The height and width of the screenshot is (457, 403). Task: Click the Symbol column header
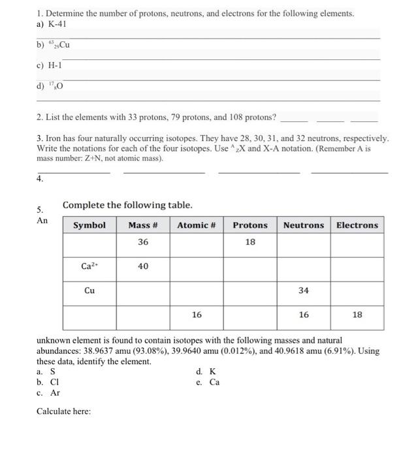pyautogui.click(x=89, y=225)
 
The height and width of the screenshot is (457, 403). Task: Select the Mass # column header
pyautogui.click(x=143, y=225)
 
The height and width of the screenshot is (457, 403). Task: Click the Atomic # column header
pyautogui.click(x=197, y=225)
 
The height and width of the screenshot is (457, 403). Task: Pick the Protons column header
pyautogui.click(x=250, y=225)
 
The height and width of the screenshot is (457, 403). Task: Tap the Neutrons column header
pyautogui.click(x=303, y=225)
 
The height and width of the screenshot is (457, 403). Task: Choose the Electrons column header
pyautogui.click(x=357, y=225)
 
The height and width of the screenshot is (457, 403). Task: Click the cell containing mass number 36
pyautogui.click(x=143, y=242)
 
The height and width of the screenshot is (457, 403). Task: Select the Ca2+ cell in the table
pyautogui.click(x=89, y=266)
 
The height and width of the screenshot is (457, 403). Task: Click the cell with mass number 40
pyautogui.click(x=143, y=266)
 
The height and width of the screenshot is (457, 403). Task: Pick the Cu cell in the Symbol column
pyautogui.click(x=89, y=291)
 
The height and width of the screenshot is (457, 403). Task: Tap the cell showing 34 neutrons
pyautogui.click(x=303, y=291)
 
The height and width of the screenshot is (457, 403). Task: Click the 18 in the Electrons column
pyautogui.click(x=357, y=315)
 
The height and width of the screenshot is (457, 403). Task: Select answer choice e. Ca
pyautogui.click(x=208, y=382)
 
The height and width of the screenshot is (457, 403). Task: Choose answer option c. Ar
pyautogui.click(x=49, y=392)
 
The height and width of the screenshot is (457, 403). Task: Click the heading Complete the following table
pyautogui.click(x=127, y=205)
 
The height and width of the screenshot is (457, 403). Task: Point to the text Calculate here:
pyautogui.click(x=64, y=411)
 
